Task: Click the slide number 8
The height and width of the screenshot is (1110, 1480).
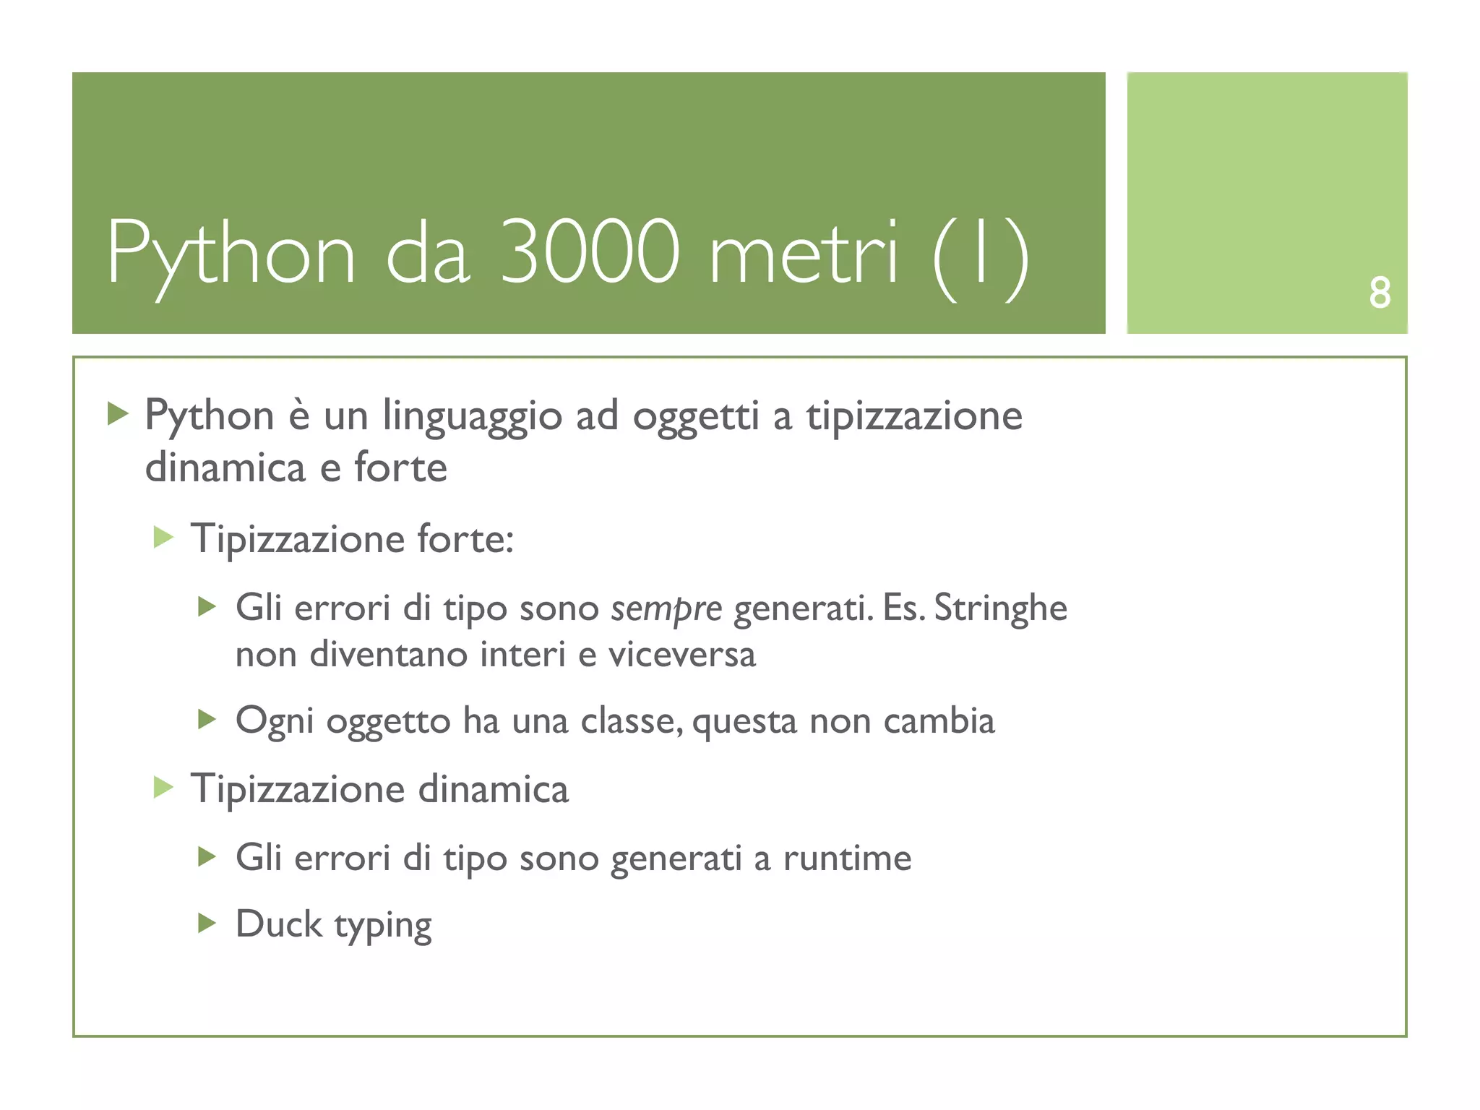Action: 1379,293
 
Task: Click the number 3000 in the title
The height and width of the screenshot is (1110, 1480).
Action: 590,252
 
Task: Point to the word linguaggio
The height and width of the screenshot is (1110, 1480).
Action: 472,418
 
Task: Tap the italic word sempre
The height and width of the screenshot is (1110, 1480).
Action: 666,608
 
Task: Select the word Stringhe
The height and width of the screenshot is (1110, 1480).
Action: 1000,608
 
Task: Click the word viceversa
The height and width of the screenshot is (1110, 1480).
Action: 681,655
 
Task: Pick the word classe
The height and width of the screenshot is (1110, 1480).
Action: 630,720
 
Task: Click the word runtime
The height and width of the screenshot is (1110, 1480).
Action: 847,859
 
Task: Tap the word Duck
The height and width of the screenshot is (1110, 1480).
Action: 279,924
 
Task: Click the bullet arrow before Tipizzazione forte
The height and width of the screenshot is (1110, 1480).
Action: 164,538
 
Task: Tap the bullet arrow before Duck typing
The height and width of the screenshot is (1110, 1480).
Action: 207,923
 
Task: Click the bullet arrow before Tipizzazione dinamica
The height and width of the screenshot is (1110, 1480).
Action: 164,788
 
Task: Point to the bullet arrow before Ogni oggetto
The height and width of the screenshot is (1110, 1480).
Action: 207,719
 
